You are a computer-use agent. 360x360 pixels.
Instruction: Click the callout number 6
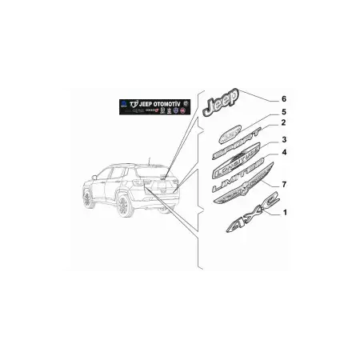click(282, 98)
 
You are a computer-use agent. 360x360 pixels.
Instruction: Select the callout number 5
click(282, 112)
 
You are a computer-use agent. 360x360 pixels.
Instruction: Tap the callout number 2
click(282, 125)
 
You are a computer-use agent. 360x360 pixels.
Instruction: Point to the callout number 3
click(282, 139)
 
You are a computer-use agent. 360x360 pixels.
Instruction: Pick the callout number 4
click(282, 152)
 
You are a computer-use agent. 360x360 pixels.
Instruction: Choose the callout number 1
click(282, 213)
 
